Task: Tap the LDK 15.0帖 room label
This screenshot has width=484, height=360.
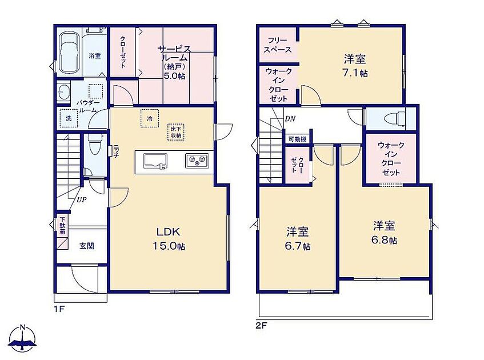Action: coord(169,239)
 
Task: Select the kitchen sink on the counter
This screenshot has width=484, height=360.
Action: coord(155,161)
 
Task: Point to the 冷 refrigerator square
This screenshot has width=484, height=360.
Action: coord(150,118)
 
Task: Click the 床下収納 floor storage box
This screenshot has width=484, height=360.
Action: coord(176,132)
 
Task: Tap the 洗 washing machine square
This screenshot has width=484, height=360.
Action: coord(69,118)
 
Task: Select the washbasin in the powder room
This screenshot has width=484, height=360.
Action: coord(64,91)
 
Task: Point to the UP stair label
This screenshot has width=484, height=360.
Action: coord(82,200)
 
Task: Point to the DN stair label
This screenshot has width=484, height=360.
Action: coord(290,118)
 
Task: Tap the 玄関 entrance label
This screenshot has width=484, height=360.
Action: coord(87,246)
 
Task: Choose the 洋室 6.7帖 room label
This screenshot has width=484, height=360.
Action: coord(298,238)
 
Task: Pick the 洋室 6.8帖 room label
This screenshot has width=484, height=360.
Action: coord(384,232)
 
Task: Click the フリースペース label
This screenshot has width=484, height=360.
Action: coord(278,45)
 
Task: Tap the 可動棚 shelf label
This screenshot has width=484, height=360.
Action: coord(298,139)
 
